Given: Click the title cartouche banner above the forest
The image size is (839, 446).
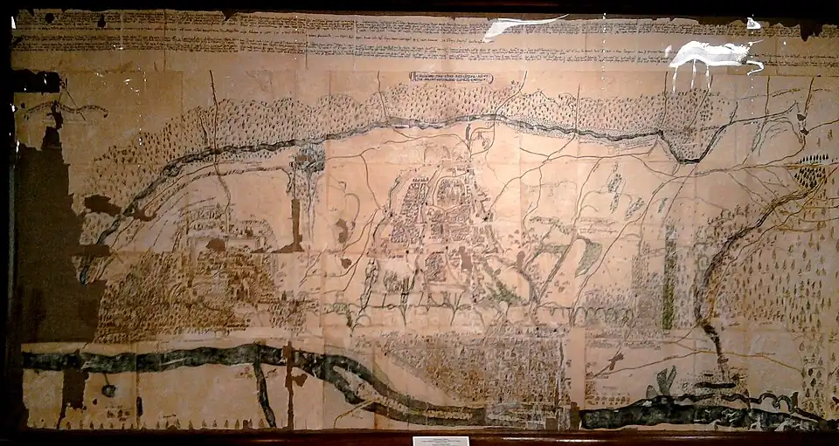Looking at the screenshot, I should [451, 78].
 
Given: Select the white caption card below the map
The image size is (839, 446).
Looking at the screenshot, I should [440, 441].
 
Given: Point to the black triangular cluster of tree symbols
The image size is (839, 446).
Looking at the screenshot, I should [811, 172].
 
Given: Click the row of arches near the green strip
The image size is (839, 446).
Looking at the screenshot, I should [612, 312].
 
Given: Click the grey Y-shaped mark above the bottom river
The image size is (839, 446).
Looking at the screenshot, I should [666, 381].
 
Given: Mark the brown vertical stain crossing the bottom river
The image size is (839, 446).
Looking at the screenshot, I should [288, 384].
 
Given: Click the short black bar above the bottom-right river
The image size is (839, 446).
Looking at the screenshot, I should [715, 385].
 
